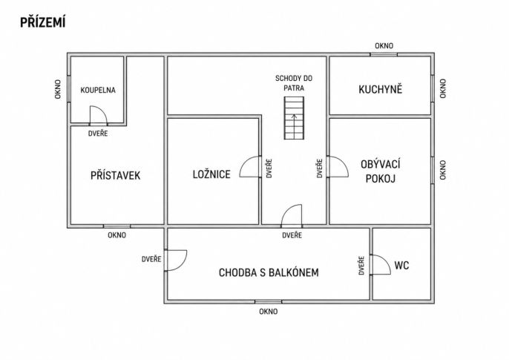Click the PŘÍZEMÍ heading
(43, 22)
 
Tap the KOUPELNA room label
(98, 90)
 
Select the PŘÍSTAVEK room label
(115, 175)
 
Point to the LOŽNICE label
(211, 174)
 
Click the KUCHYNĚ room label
(380, 89)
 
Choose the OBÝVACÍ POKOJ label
(381, 171)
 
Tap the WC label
(401, 265)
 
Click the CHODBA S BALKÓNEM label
(269, 272)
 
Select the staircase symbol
(294, 118)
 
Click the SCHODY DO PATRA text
(294, 83)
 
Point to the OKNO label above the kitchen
(384, 46)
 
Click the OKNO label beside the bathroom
(58, 89)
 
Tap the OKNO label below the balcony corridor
(269, 312)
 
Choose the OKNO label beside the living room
(443, 170)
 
